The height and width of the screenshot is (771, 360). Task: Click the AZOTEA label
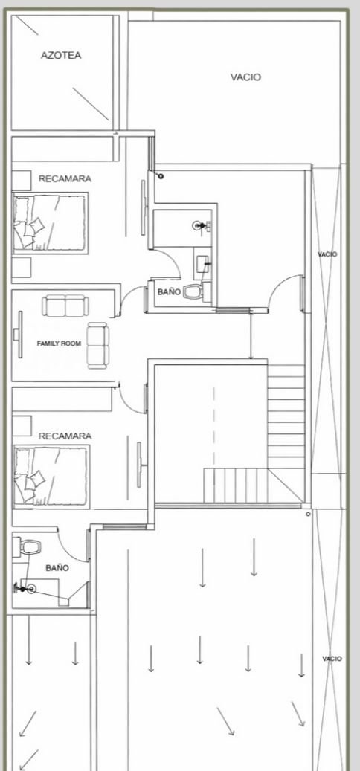click(61, 56)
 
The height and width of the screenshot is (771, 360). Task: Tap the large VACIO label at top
click(246, 77)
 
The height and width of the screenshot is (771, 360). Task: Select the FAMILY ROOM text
click(59, 343)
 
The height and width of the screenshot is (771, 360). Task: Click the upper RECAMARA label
click(65, 179)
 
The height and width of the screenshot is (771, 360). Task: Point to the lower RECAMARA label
click(65, 436)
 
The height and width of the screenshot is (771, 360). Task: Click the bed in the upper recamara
click(50, 223)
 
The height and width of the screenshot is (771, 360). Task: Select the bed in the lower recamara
click(51, 476)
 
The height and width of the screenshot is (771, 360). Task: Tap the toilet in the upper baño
click(193, 293)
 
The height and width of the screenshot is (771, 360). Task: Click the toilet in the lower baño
click(30, 546)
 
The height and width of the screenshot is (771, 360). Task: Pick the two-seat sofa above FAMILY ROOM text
click(65, 306)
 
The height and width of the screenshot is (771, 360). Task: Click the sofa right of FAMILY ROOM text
click(98, 346)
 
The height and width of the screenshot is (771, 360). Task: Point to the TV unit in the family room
click(19, 335)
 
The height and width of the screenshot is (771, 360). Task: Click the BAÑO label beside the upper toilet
click(169, 292)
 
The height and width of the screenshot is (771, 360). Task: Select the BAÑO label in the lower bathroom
click(57, 568)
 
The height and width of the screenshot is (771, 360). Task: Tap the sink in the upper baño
click(203, 265)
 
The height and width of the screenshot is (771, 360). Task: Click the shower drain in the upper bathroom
click(199, 226)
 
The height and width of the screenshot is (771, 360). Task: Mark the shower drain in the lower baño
click(31, 589)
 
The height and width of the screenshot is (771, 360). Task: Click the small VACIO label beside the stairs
click(327, 254)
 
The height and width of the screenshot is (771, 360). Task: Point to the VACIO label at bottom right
click(332, 659)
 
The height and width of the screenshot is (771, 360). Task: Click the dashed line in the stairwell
click(214, 427)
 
